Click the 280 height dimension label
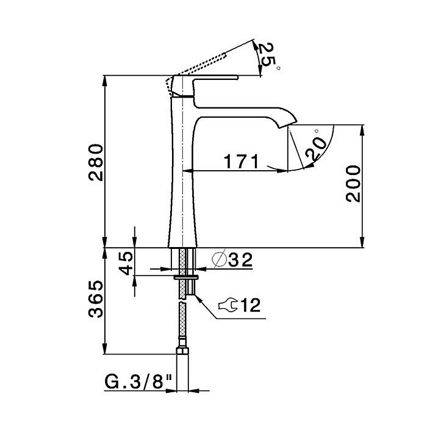click(96, 163)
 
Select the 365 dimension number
click(96, 299)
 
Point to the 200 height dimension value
click(353, 184)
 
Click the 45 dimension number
click(126, 264)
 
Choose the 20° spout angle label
click(316, 146)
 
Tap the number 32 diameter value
click(240, 260)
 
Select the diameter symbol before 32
click(219, 259)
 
